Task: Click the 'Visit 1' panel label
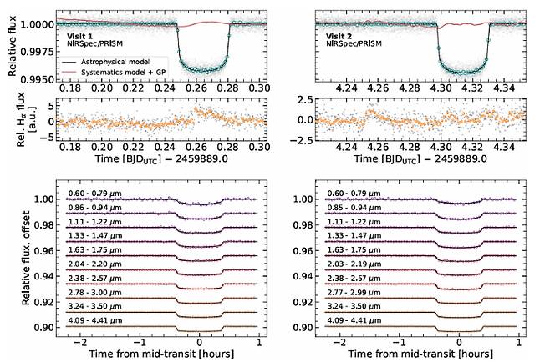coord(81,38)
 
